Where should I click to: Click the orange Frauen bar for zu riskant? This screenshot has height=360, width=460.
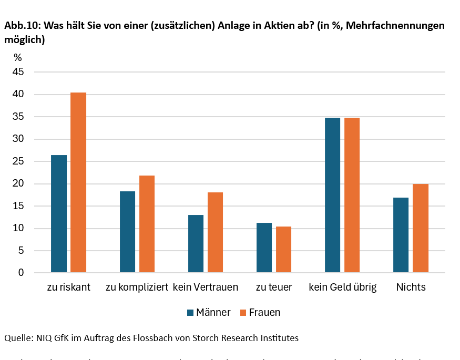point(78,182)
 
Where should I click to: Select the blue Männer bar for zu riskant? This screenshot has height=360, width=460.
point(59,214)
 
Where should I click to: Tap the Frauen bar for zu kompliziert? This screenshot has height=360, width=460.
point(147,224)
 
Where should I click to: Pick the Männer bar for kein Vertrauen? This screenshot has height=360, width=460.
point(196,244)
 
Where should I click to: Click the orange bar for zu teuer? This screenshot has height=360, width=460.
point(283,250)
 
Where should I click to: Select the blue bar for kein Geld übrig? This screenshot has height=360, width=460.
point(332,195)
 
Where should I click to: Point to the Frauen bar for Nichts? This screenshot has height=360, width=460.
point(420,228)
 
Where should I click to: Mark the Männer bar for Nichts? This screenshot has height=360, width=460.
point(401,235)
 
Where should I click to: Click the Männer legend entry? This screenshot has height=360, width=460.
point(209,312)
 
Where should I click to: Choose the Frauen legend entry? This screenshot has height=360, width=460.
point(260,312)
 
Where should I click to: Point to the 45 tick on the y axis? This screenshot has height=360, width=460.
point(18,72)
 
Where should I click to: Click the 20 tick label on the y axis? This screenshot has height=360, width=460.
point(18,183)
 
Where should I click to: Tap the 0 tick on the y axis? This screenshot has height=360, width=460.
point(21,273)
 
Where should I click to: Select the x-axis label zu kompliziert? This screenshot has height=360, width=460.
point(137,287)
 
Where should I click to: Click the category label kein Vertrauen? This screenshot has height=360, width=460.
point(206,287)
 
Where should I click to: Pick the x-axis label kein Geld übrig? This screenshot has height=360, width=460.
point(342,287)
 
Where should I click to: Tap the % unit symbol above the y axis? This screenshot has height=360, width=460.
point(18,58)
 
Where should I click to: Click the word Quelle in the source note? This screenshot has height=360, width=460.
point(18,338)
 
